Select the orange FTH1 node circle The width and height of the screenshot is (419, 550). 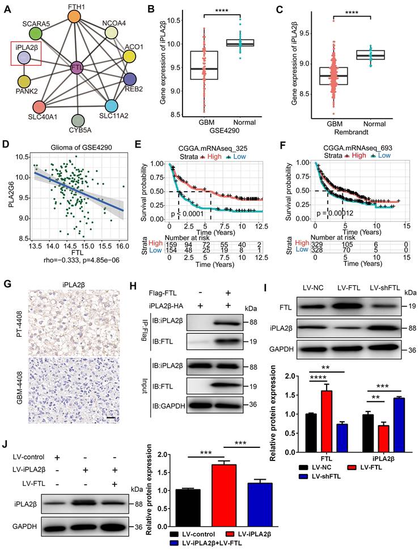(76, 16)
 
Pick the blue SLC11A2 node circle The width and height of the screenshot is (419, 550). (111, 105)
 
